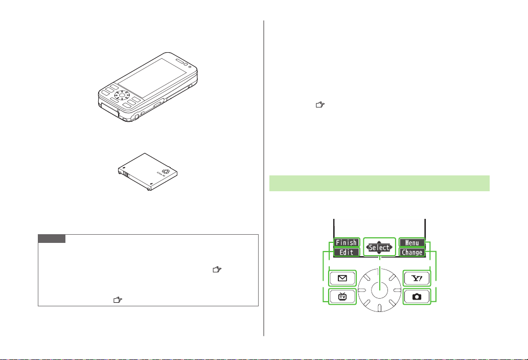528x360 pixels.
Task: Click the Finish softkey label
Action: tap(347, 242)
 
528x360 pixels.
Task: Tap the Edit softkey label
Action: tap(347, 252)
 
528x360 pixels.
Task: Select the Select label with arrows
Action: tap(379, 247)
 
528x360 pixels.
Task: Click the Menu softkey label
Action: tap(412, 242)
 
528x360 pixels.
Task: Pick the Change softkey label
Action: tap(412, 252)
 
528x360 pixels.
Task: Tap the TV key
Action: tap(342, 297)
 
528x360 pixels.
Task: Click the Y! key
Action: tap(417, 278)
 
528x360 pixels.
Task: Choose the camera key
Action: tap(417, 297)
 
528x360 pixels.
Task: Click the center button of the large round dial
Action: tap(379, 290)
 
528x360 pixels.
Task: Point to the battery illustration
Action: tap(148, 172)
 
